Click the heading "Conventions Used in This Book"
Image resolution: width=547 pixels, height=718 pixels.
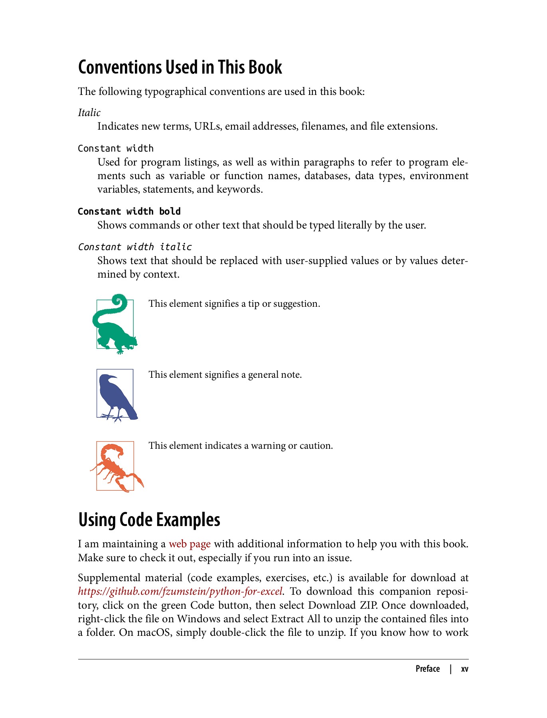[180, 67]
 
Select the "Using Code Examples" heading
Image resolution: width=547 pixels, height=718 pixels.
[149, 520]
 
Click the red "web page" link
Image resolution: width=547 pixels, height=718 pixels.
[190, 544]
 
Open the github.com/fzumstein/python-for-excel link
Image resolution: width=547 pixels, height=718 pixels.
[180, 591]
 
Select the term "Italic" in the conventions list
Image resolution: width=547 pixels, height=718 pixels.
[89, 113]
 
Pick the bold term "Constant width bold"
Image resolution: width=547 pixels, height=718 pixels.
[129, 211]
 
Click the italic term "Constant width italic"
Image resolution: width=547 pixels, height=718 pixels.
[134, 247]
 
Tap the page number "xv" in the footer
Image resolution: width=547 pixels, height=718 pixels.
[464, 669]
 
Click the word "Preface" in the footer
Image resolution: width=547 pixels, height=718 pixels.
[427, 669]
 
